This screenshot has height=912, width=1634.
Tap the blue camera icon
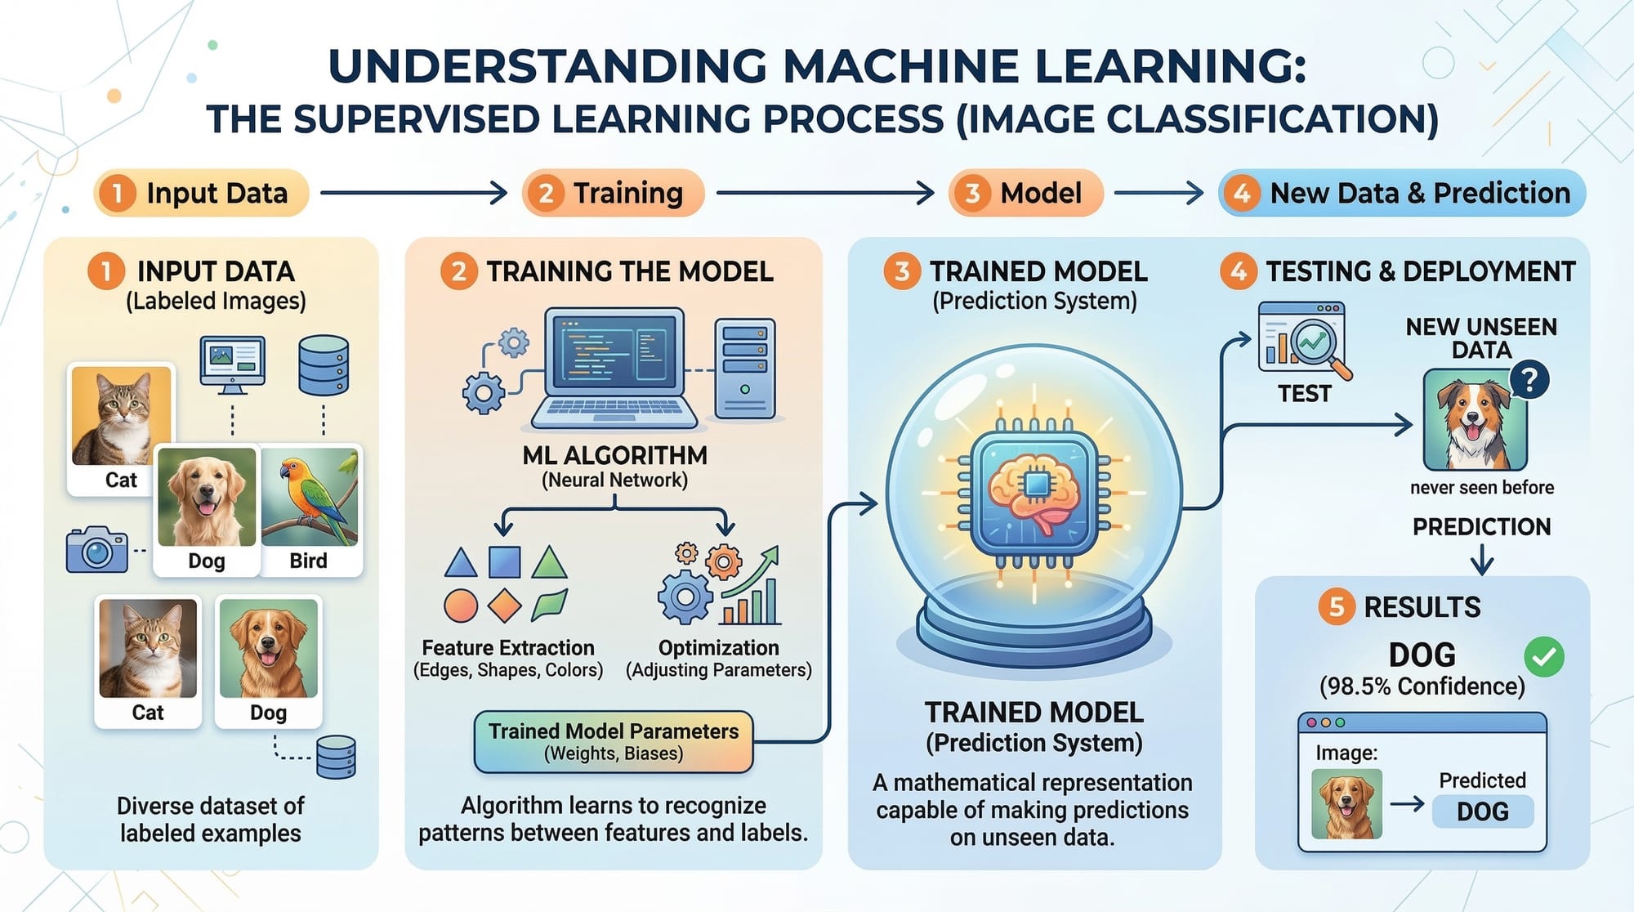(x=96, y=550)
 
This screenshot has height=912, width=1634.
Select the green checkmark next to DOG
(x=1543, y=657)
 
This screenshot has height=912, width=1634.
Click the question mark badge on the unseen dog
(x=1529, y=380)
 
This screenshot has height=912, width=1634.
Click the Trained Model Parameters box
(x=614, y=741)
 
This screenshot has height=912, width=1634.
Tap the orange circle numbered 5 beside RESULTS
(x=1336, y=607)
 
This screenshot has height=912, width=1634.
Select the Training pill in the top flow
(x=613, y=194)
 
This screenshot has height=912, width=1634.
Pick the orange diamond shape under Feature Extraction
(x=504, y=606)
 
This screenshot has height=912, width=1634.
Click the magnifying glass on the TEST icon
(x=1315, y=344)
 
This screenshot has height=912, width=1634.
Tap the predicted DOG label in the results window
(x=1482, y=811)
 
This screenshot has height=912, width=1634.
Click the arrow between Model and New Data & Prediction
(x=1159, y=194)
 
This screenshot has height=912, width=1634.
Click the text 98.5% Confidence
(x=1422, y=686)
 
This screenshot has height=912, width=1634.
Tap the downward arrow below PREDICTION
(x=1481, y=561)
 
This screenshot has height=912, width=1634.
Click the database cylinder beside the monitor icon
(x=324, y=365)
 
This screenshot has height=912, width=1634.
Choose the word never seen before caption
(x=1481, y=488)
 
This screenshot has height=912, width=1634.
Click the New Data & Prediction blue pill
(x=1402, y=194)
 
